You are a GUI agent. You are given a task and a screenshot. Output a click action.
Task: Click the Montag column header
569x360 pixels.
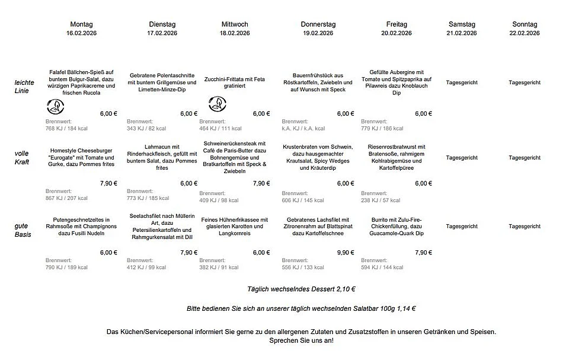tap(81, 24)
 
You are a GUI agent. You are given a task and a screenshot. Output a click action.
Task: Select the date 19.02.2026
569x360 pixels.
tap(318, 33)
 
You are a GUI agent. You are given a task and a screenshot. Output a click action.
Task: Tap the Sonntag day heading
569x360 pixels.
tap(525, 24)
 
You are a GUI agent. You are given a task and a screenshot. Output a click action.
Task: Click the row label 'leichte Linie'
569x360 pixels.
tap(24, 86)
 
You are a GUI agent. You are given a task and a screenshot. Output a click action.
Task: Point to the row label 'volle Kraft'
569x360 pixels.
tap(22, 158)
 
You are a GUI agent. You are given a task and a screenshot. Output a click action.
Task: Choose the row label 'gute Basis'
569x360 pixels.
tap(23, 230)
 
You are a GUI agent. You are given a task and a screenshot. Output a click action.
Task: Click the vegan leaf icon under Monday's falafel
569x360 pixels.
tap(56, 106)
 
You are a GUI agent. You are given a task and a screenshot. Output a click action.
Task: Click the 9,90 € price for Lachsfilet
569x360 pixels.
tap(346, 253)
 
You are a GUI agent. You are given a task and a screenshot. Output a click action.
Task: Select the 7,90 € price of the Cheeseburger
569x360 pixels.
tap(108, 183)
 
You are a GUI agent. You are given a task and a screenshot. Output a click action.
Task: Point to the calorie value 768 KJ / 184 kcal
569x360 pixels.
tap(66, 128)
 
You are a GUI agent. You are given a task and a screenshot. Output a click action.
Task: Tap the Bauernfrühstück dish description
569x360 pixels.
tap(322, 82)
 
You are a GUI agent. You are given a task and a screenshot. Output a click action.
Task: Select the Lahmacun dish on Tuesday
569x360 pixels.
tap(154, 157)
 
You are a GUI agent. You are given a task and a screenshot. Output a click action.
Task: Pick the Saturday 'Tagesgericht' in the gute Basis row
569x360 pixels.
tap(462, 227)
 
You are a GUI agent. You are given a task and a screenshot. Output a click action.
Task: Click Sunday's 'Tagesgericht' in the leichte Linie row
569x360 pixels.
tap(525, 82)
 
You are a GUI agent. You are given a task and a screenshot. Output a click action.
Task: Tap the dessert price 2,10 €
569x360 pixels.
tap(346, 289)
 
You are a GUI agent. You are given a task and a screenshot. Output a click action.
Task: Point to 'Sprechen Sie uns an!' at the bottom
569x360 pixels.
tap(301, 340)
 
